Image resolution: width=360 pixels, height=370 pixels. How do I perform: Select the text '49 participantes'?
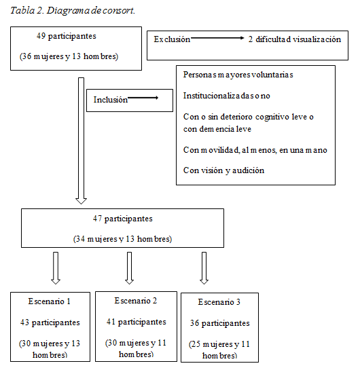(66, 35)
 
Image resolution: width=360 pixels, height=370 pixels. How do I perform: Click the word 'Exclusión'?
(172, 39)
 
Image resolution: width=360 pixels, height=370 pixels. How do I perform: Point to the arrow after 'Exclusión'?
(217, 39)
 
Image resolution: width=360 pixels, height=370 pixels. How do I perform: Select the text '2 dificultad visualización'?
(294, 39)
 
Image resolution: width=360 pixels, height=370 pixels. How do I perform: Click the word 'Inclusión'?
(111, 100)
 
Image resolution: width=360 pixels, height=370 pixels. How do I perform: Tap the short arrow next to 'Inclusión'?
(143, 99)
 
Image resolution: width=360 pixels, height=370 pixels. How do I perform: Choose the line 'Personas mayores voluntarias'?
(238, 75)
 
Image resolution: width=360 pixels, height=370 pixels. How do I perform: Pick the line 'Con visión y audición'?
(223, 170)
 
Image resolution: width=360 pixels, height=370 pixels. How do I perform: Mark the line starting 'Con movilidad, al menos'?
(255, 149)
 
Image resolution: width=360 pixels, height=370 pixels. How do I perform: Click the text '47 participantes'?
(122, 219)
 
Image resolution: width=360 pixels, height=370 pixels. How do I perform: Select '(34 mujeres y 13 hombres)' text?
(122, 239)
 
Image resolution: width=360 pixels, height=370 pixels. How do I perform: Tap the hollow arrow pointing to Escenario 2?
(129, 268)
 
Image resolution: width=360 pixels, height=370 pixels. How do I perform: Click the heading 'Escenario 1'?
(49, 301)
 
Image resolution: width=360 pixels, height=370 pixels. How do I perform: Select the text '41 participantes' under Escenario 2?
(136, 322)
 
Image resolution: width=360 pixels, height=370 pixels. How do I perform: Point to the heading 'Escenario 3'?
(219, 302)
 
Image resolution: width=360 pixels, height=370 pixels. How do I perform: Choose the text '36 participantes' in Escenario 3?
(219, 323)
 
